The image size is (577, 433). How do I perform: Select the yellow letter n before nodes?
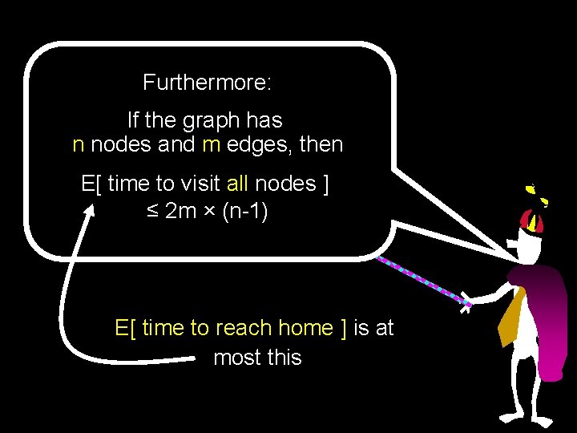(x=79, y=145)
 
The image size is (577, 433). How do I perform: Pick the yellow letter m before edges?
(x=211, y=145)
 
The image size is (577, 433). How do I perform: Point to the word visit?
(x=192, y=184)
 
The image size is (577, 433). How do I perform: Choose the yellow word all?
(x=238, y=184)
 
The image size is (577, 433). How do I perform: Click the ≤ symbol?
(x=147, y=212)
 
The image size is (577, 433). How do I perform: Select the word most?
(x=233, y=357)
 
